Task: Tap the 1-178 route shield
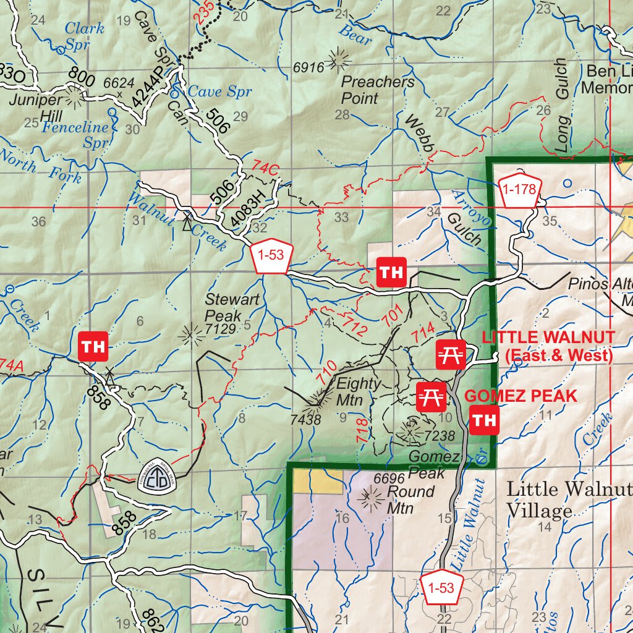point(519,190)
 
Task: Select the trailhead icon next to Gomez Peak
point(484,421)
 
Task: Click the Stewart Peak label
point(224,307)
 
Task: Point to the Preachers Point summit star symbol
point(338,59)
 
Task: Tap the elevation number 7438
point(305,420)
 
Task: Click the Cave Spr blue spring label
point(219,91)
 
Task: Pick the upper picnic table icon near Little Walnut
point(451,354)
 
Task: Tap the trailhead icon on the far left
point(93,347)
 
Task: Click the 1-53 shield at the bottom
point(441,588)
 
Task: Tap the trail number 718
point(362,430)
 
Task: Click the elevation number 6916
point(308,67)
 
